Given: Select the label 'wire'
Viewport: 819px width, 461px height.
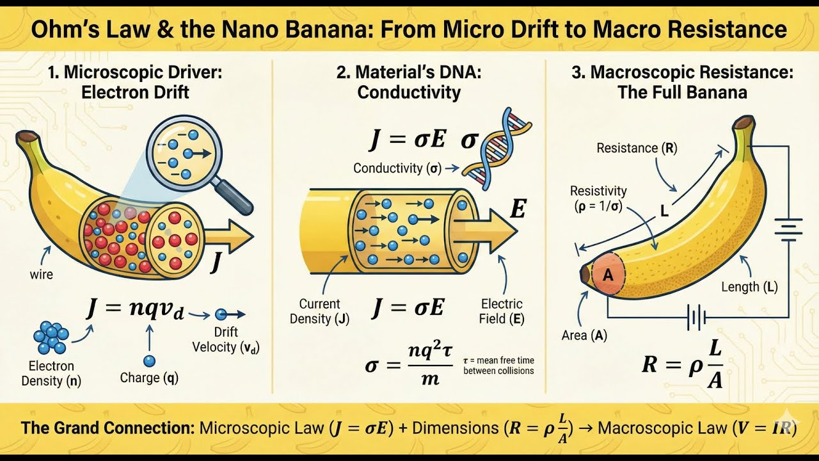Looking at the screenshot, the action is click(x=42, y=275).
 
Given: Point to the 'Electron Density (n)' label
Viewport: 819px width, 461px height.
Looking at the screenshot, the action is click(x=51, y=373).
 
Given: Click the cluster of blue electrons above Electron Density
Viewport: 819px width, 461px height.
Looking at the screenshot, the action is click(x=51, y=337).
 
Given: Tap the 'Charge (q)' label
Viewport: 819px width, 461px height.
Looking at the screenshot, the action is click(x=149, y=378).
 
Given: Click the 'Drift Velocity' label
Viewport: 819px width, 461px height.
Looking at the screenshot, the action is click(x=226, y=340).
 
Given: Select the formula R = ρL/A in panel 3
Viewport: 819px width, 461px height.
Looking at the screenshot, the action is click(x=682, y=365).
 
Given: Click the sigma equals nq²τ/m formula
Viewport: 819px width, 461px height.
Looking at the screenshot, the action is click(x=409, y=365).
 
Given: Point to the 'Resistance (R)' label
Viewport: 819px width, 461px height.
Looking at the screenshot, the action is click(x=637, y=148).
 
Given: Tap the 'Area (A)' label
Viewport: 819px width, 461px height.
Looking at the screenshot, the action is click(x=584, y=335).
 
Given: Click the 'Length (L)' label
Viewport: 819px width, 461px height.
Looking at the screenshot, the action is click(x=749, y=287).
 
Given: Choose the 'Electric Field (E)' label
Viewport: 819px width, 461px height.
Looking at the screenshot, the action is click(x=502, y=311).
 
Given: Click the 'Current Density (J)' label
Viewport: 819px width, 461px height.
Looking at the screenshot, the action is click(x=319, y=311).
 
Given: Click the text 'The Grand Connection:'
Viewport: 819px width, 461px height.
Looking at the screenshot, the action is click(x=107, y=428).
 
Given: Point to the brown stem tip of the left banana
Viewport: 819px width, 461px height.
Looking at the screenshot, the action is click(x=27, y=136).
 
